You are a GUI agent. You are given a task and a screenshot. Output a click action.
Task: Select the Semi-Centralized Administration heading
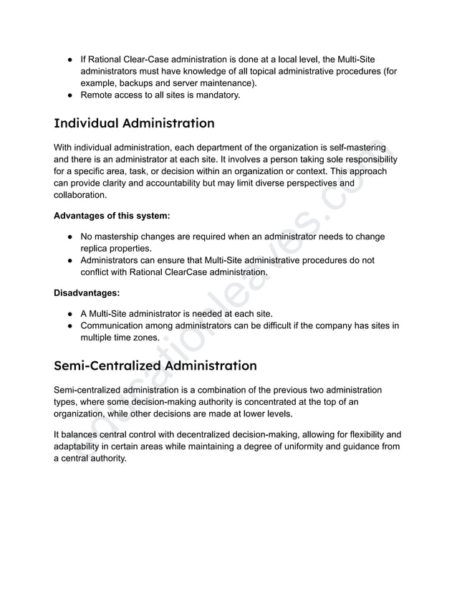point(155,366)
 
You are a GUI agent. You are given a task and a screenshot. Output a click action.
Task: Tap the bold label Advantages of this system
point(112,216)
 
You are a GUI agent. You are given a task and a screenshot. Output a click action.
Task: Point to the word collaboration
point(80,196)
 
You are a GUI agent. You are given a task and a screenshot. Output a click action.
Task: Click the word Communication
point(117,325)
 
